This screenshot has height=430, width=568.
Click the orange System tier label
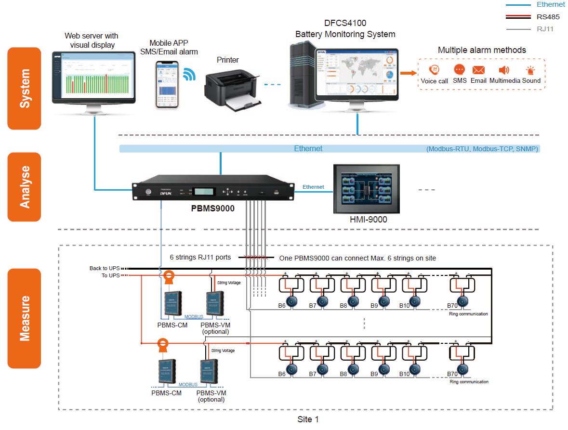[x=24, y=89]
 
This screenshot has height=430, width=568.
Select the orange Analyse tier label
[x=24, y=187]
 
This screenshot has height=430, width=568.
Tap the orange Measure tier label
[x=24, y=318]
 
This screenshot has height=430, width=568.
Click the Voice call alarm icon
[x=434, y=70]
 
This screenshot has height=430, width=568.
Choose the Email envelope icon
[x=478, y=70]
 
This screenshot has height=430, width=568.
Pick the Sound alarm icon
[x=531, y=70]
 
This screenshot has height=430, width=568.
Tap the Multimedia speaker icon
[x=504, y=70]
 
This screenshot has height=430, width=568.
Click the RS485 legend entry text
[x=548, y=17]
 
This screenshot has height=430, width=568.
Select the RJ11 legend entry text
[x=545, y=29]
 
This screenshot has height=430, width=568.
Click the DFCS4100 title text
[x=345, y=23]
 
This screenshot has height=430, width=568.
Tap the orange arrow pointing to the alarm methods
[x=408, y=73]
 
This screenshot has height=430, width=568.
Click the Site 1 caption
[x=308, y=419]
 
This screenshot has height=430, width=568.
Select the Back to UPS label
[x=105, y=268]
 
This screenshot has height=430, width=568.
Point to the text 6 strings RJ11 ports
[x=200, y=258]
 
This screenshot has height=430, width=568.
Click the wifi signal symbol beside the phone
[x=189, y=74]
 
